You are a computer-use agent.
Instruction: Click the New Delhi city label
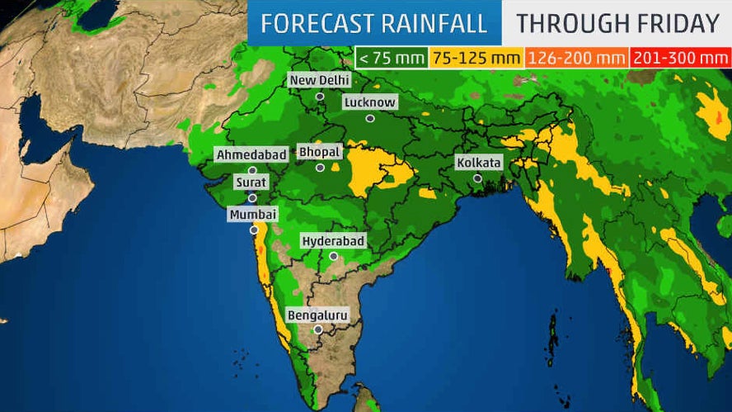pos(319,80)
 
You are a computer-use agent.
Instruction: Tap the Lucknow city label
pos(370,102)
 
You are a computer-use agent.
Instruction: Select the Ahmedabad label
pos(251,154)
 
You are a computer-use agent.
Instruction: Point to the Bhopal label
pos(319,153)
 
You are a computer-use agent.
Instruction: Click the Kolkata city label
pos(478,163)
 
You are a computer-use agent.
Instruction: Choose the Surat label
pos(251,182)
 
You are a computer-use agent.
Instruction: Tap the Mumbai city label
pos(253,215)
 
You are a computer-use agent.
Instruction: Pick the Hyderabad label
pos(333,241)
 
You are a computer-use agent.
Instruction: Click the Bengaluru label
pos(317,315)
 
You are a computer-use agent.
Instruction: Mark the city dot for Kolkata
pos(477,178)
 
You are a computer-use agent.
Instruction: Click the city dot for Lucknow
pos(370,118)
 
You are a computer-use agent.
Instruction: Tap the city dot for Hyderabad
pos(333,256)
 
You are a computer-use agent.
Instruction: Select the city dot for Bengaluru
pos(318,329)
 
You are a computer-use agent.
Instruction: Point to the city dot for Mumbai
pos(254,230)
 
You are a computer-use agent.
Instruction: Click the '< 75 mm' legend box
pos(391,58)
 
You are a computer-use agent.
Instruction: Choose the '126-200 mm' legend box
pos(576,58)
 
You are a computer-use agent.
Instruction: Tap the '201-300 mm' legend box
pos(679,58)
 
